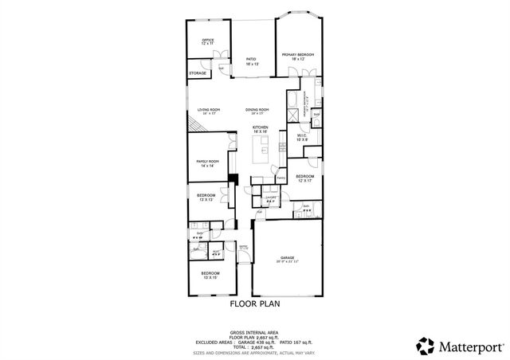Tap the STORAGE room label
[198, 73]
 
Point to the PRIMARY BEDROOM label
[297, 56]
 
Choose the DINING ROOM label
[257, 110]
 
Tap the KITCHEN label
[260, 128]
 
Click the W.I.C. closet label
[302, 136]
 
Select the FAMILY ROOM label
[207, 162]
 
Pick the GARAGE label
[287, 259]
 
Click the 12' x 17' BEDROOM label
[305, 178]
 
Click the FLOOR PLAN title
[255, 303]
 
